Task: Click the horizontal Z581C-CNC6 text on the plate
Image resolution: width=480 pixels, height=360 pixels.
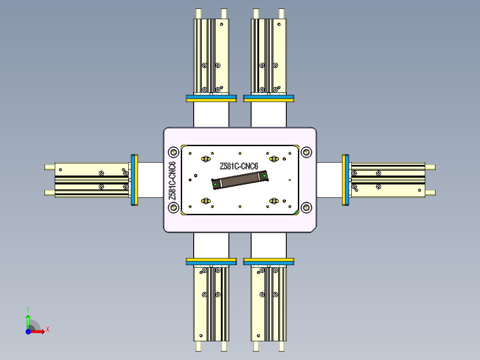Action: pos(239,166)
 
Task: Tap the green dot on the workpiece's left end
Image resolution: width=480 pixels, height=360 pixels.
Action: pos(216,184)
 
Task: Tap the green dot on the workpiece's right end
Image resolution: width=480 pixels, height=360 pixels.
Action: pos(264,176)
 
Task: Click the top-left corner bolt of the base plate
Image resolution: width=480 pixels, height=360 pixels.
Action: pos(173,151)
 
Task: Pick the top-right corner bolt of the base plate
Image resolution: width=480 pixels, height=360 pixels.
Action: pos(306,151)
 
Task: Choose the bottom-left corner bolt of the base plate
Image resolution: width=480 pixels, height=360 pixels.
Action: pos(173,208)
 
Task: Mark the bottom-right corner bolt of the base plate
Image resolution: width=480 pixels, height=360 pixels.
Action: pos(306,208)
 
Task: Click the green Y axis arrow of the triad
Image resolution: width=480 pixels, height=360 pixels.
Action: pos(28,320)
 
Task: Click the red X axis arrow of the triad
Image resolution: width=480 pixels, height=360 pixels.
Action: pos(38,331)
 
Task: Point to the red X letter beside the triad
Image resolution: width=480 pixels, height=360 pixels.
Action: pos(48,330)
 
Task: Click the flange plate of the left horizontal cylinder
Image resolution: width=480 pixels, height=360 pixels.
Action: pos(134,180)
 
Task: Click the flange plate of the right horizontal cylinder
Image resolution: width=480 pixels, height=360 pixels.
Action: pos(346,180)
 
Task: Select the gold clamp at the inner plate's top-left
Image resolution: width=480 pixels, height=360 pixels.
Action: pos(206,159)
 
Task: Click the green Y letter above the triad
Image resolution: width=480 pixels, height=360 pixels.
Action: pos(28,309)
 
